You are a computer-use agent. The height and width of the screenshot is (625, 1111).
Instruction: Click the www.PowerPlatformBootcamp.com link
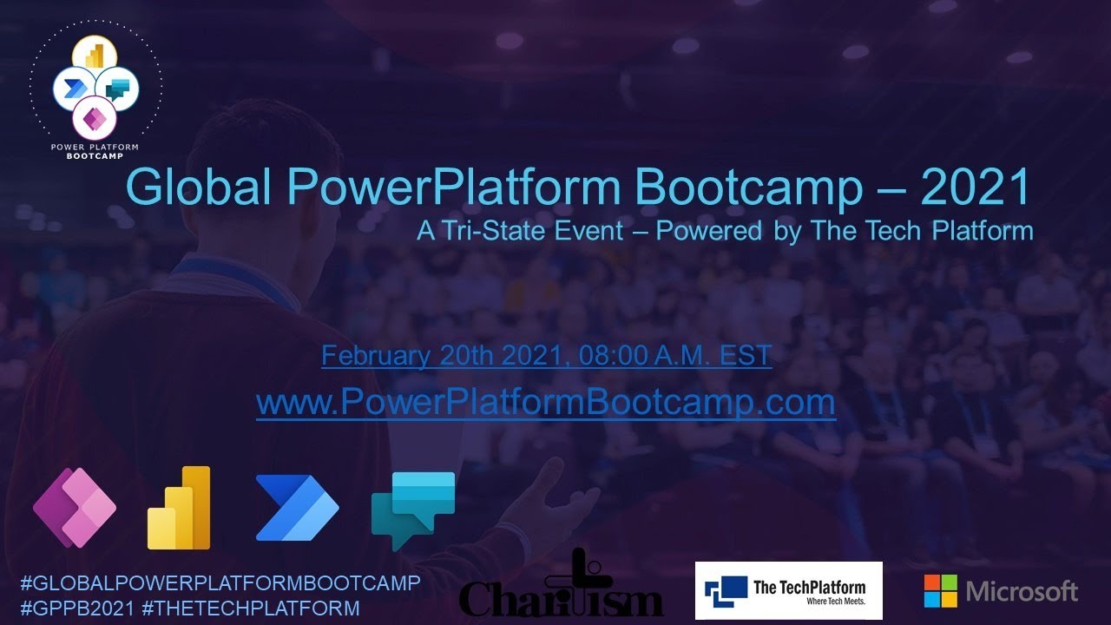point(546,402)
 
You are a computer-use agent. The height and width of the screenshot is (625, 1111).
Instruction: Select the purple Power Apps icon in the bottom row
point(75,508)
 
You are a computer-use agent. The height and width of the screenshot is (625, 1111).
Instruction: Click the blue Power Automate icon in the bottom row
point(297,508)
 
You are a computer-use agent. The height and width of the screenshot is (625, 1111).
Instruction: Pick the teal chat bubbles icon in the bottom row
point(413,508)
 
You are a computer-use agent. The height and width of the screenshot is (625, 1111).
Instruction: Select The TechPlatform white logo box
point(788,590)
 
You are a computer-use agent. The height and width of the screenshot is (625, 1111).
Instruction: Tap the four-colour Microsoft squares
point(940,591)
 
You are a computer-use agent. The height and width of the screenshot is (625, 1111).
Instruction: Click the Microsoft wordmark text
point(1022,592)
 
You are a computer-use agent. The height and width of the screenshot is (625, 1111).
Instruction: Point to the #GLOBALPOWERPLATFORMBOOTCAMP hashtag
point(220,582)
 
